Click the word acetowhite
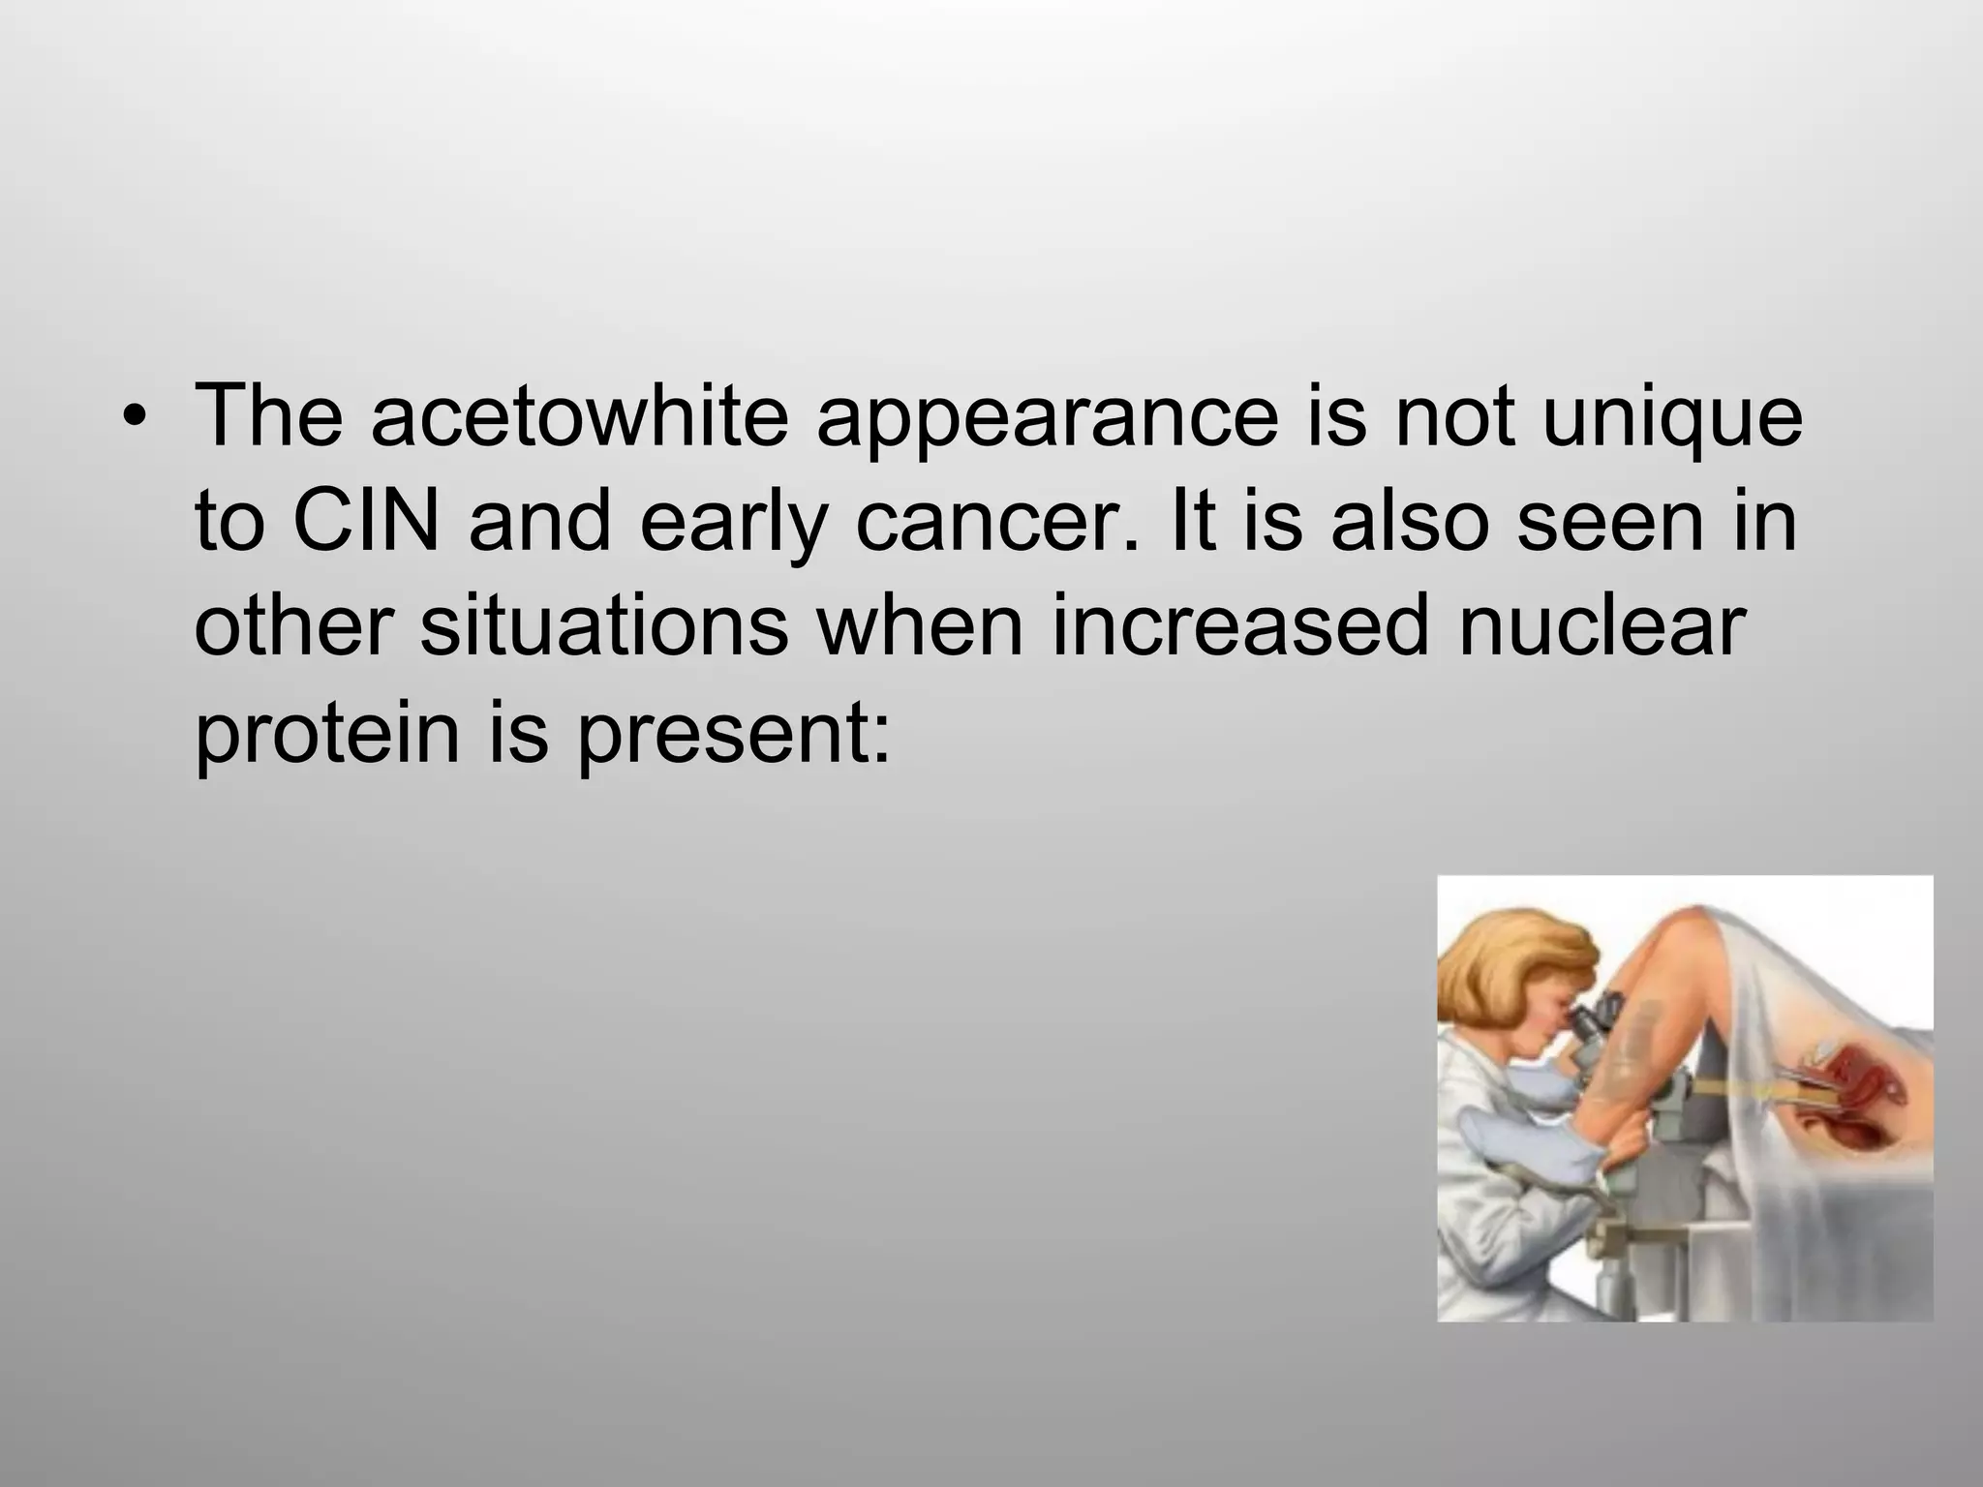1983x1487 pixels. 579,417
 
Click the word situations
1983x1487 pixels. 604,626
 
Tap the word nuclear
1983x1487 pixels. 1602,626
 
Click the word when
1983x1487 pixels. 919,626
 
